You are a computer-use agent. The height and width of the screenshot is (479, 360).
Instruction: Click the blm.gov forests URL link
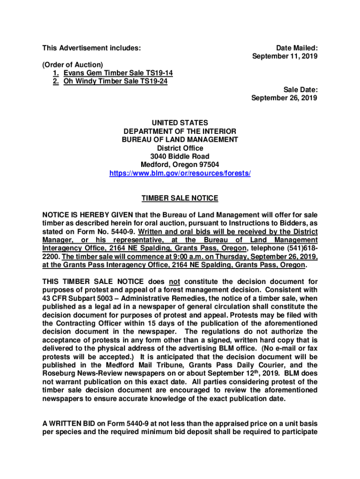180,173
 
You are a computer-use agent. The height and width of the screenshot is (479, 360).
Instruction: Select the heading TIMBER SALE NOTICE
180,198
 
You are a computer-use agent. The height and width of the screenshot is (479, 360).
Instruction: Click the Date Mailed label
297,48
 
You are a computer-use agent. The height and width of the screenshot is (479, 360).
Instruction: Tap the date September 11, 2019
285,56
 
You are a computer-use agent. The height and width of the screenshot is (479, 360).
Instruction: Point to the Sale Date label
301,90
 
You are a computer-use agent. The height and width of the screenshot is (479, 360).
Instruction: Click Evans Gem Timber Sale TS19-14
115,73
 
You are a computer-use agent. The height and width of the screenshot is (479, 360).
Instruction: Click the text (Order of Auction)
72,65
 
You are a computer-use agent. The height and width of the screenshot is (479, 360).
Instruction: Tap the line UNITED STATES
180,123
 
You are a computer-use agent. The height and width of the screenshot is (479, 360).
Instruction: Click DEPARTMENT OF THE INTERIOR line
180,131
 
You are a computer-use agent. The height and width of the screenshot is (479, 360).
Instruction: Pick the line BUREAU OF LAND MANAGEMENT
180,139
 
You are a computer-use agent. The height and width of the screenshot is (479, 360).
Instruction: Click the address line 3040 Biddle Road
180,156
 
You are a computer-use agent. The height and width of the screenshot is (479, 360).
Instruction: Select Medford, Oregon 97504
180,165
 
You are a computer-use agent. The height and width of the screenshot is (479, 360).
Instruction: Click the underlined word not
174,282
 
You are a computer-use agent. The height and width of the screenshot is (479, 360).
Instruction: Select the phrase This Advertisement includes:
92,48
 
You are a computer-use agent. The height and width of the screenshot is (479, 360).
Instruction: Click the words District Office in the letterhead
180,148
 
